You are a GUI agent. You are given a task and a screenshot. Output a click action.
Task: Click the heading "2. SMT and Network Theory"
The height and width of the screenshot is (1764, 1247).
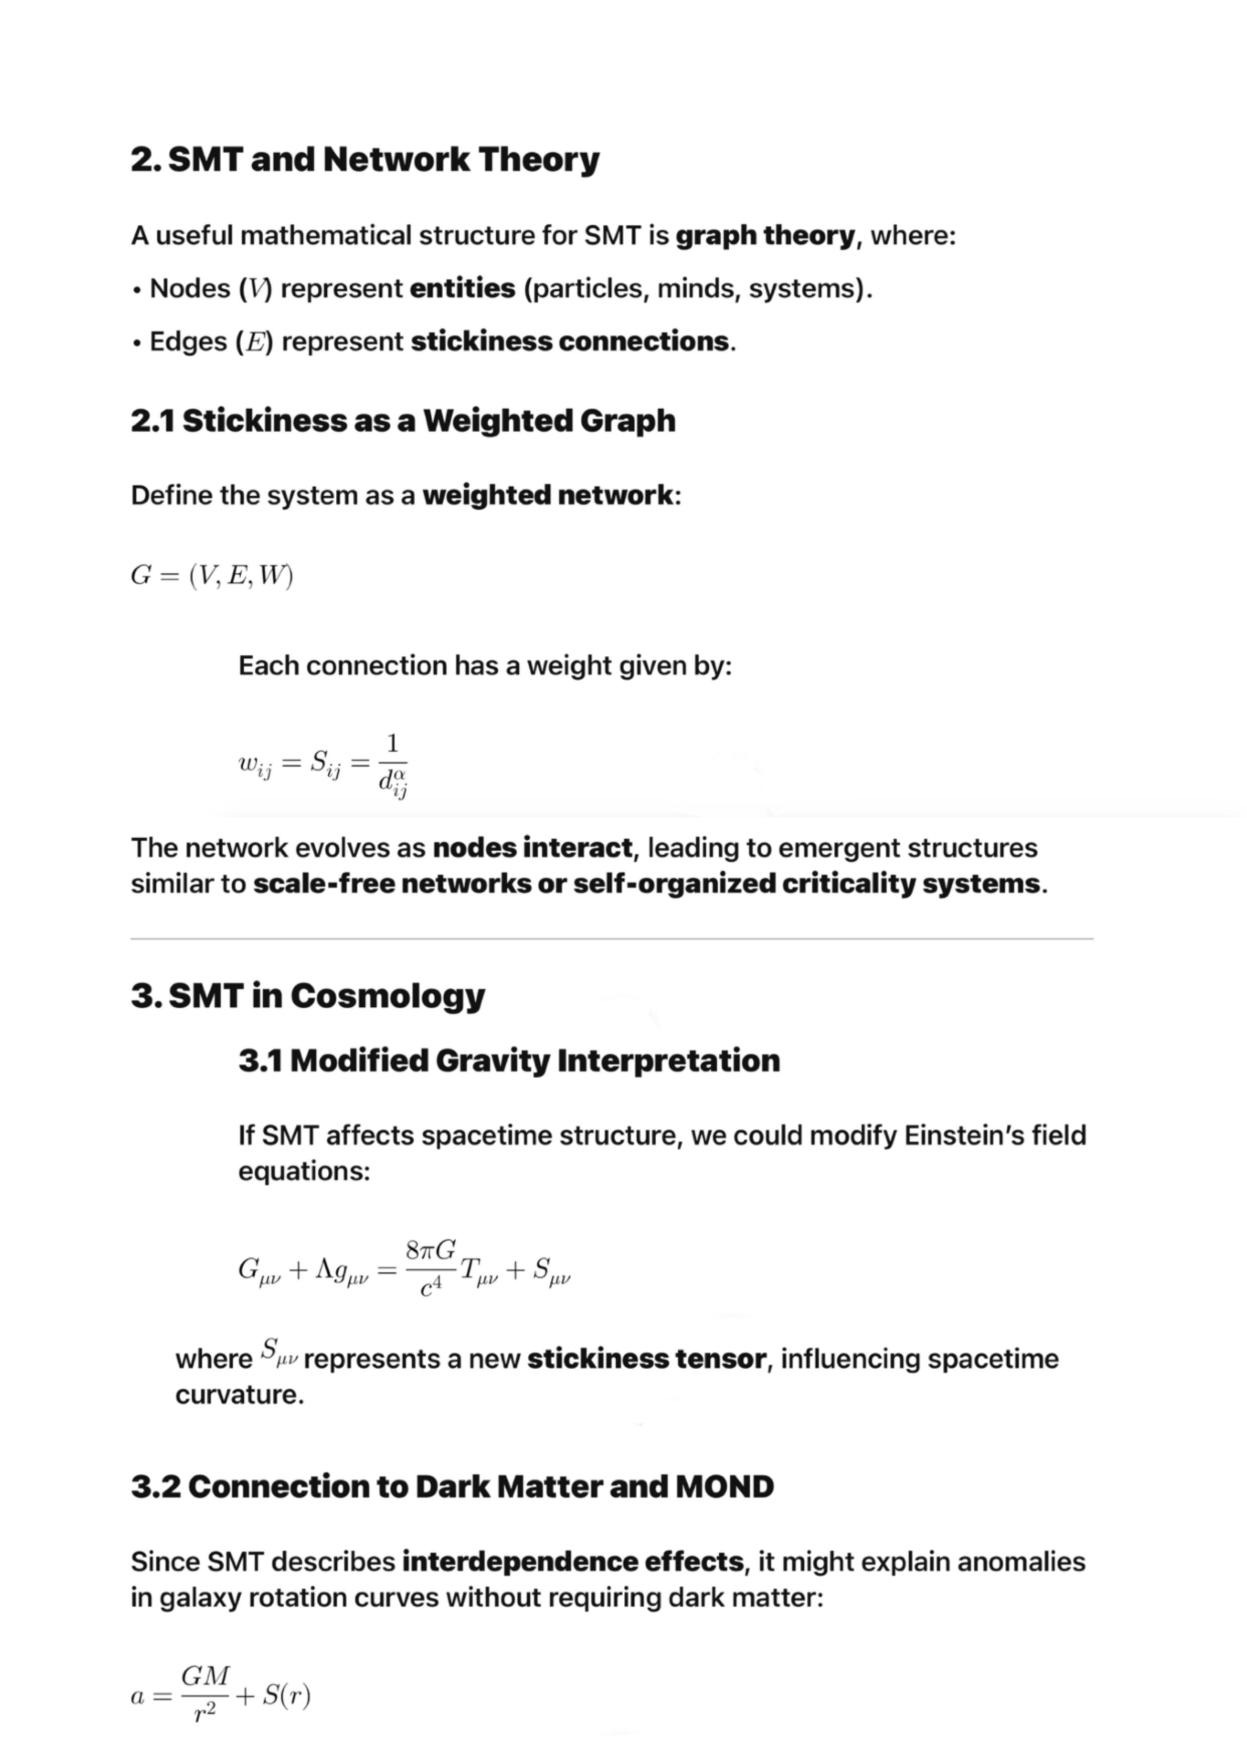pos(365,160)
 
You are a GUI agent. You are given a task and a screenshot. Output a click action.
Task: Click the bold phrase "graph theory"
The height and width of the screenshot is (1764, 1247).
pos(765,235)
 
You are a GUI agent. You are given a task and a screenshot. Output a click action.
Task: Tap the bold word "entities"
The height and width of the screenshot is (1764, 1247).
pos(462,288)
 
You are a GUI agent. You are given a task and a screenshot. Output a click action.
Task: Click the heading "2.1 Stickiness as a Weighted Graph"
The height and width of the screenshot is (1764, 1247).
pos(403,420)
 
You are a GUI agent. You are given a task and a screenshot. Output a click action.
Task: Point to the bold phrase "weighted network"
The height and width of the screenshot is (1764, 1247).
pos(547,495)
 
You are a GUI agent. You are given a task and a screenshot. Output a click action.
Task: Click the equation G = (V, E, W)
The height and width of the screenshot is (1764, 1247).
pos(212,575)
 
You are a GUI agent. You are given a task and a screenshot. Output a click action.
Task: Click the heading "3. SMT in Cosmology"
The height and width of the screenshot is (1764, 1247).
pos(308,996)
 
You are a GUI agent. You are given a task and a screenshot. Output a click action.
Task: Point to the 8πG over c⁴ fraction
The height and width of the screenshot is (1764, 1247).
pos(431,1270)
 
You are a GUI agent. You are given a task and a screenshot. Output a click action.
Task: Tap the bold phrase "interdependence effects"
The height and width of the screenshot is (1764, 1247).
pos(572,1562)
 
